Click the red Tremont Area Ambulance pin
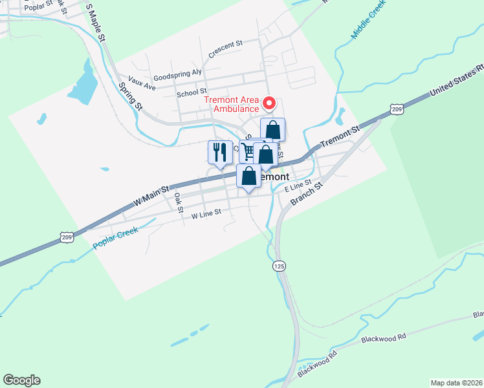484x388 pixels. tap(269, 103)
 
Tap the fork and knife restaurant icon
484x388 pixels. tap(220, 153)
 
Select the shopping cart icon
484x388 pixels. tap(248, 152)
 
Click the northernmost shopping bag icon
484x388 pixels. tap(272, 129)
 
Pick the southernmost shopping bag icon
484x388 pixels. tap(248, 177)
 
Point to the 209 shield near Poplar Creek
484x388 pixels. tap(67, 237)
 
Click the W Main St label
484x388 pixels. tap(151, 195)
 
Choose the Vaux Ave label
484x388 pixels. tap(142, 83)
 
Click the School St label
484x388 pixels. tap(192, 92)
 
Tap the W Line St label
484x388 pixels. tap(206, 213)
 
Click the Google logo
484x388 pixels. tap(21, 380)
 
